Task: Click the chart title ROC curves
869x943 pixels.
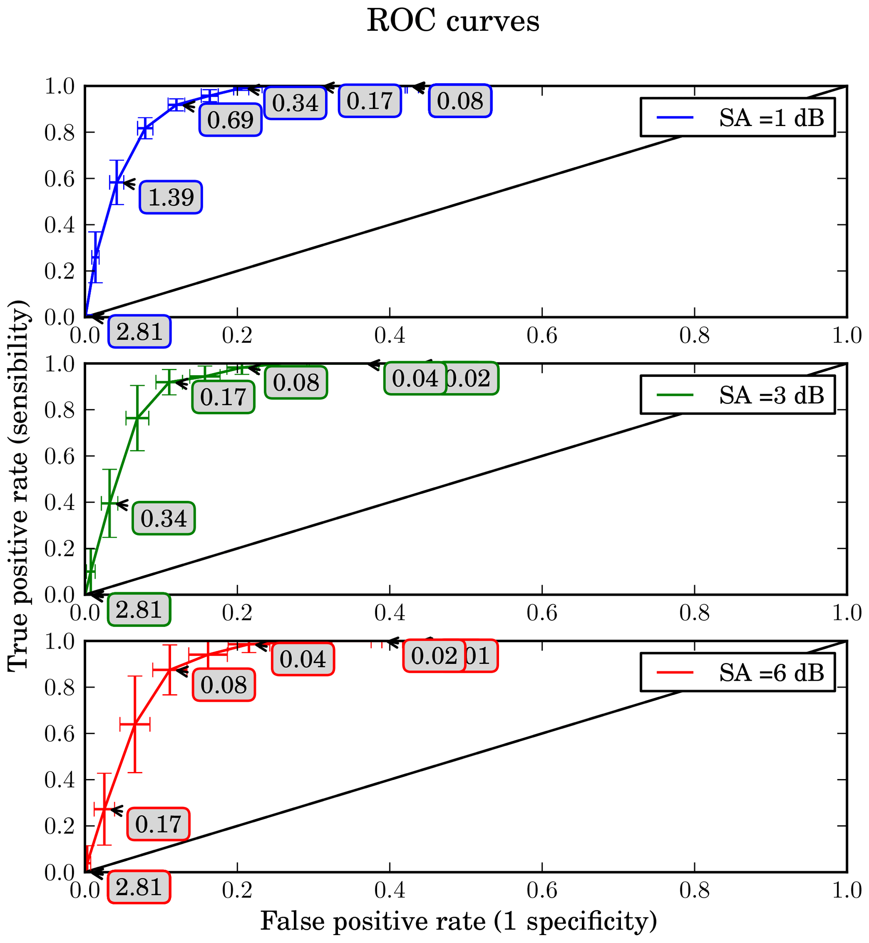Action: coord(452,21)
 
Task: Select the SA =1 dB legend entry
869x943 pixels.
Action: coord(737,118)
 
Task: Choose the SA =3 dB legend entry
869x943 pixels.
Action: coord(737,395)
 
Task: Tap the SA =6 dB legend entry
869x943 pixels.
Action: coord(737,673)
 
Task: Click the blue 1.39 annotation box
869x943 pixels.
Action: coord(171,198)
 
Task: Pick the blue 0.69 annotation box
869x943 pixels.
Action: coord(230,120)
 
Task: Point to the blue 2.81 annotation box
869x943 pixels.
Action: coord(139,332)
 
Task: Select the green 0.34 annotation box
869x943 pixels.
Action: coord(164,519)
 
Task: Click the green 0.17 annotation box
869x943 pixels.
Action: coord(223,397)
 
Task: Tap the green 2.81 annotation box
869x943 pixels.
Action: coord(139,610)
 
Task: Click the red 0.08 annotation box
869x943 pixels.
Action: coord(224,685)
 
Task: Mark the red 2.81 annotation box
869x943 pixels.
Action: coord(139,888)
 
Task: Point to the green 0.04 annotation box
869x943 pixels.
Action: coord(415,379)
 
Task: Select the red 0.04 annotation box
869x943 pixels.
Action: coord(303,659)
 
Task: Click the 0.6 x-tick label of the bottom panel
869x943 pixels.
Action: coord(542,890)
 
